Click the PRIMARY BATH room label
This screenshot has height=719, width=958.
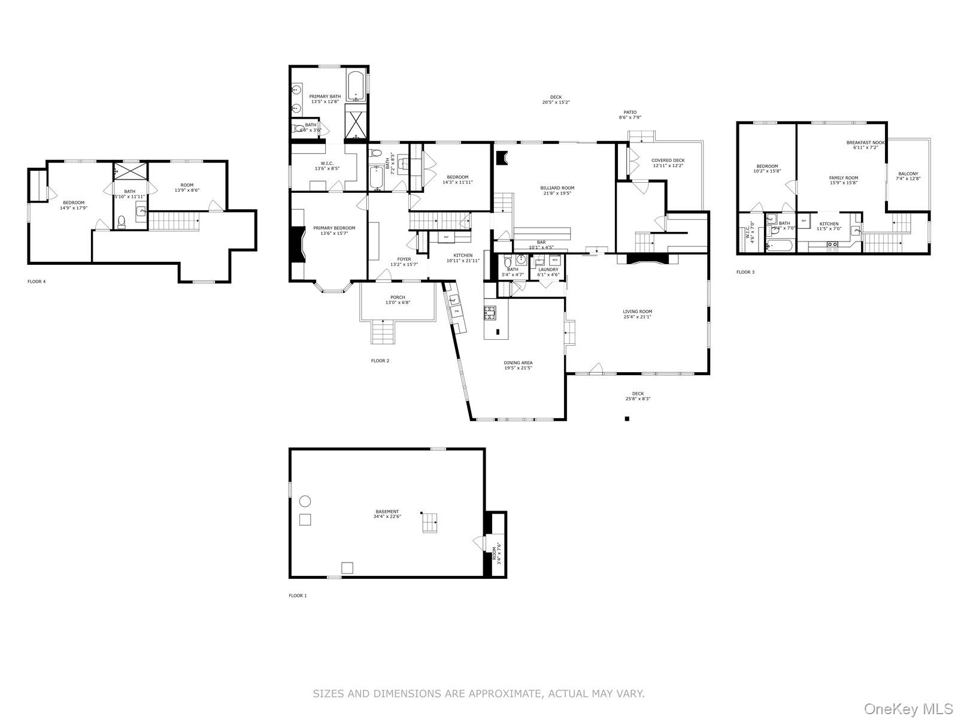point(325,99)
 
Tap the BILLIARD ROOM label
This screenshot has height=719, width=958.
point(557,191)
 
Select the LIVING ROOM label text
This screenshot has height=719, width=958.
point(637,314)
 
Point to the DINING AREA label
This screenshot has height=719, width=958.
point(518,365)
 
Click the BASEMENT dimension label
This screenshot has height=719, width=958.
point(387,514)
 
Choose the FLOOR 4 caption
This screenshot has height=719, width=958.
point(37,281)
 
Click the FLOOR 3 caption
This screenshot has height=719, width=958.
point(745,272)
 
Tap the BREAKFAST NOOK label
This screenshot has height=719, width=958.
point(865,145)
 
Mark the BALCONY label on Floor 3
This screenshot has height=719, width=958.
point(908,176)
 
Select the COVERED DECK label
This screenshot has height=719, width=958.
point(668,162)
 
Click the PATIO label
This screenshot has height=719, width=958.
point(630,114)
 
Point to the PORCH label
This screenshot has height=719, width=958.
point(398,300)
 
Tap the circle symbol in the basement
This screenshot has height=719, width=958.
point(305,501)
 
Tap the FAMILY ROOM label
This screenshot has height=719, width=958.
point(843,180)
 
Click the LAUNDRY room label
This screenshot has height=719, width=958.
point(548,272)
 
